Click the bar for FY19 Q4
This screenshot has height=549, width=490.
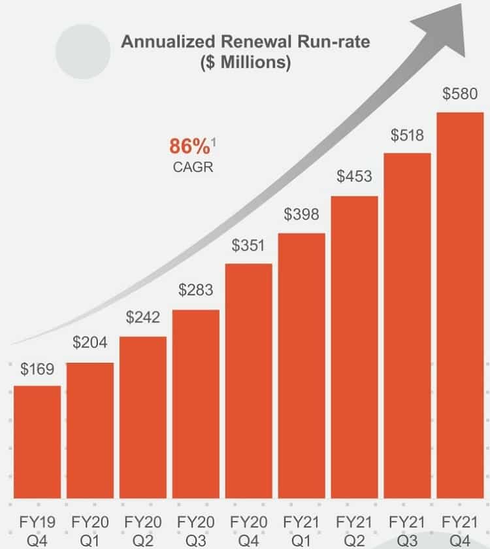[x=37, y=442]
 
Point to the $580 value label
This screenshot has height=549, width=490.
[x=460, y=94]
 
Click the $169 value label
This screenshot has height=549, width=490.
[x=37, y=369]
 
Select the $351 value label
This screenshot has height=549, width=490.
[x=249, y=246]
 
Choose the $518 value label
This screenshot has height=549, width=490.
[x=407, y=135]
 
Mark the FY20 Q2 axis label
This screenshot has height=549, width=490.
[x=143, y=531]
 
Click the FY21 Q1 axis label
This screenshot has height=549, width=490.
[x=301, y=531]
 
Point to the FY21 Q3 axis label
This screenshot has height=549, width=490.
[x=407, y=531]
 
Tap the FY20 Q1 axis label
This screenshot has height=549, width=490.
[x=90, y=531]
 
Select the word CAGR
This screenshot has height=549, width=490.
[x=193, y=167]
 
